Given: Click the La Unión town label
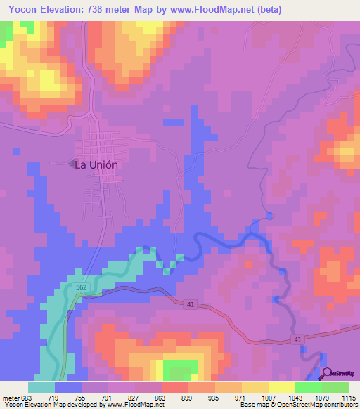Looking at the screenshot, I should [96, 164].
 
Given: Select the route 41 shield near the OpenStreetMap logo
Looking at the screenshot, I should [298, 340].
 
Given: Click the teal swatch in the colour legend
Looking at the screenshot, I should [41, 387].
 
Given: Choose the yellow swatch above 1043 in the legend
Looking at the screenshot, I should [282, 387].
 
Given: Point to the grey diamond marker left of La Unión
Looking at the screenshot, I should [70, 164].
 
